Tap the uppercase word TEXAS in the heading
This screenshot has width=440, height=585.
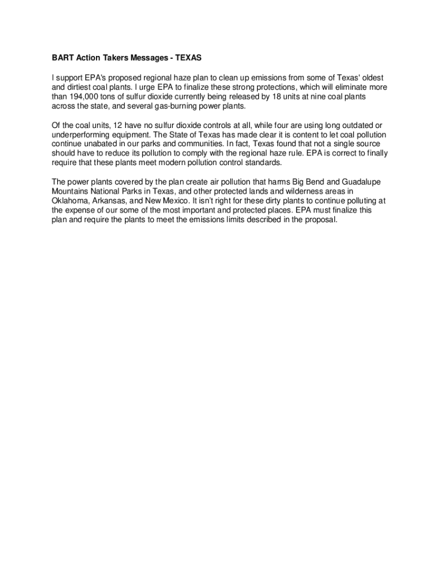188,58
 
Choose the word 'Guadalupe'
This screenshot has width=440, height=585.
356,182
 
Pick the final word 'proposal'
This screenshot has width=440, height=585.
322,219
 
